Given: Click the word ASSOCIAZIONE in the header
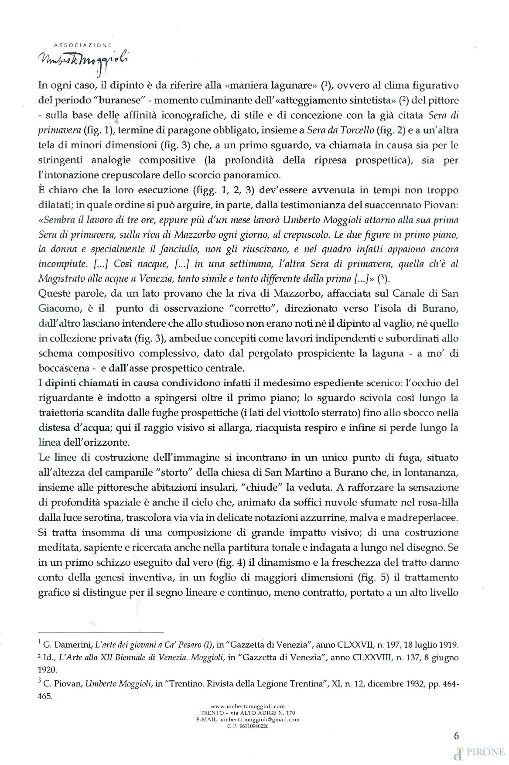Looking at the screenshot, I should coord(83,45).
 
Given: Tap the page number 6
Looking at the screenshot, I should coord(456,735).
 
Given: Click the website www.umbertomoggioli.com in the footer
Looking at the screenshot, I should coord(248,706).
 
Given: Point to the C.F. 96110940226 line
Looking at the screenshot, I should coord(248,726).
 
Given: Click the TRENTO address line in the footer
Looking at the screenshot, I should coord(248,713).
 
